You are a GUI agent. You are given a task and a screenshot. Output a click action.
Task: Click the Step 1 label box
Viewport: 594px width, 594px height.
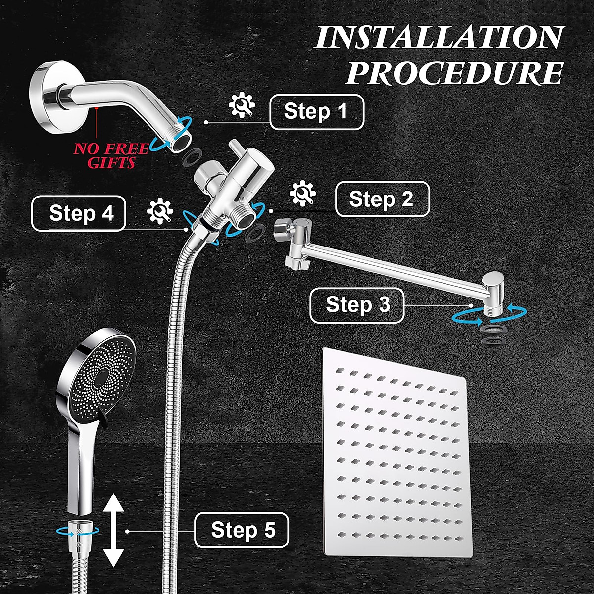pos(316,112)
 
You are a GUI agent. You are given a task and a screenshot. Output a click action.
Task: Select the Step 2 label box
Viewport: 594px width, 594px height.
pos(382,199)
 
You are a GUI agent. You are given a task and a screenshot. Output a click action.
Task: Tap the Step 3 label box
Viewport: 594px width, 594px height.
pos(357,305)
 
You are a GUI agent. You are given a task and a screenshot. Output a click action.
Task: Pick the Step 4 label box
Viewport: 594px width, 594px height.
pos(79,213)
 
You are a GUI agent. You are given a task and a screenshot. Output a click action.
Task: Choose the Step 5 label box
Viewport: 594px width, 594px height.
pos(242,530)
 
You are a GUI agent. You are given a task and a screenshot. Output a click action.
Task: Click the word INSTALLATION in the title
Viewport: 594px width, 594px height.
pos(439,38)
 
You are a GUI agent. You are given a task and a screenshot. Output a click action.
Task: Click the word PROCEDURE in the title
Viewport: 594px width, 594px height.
pos(454,73)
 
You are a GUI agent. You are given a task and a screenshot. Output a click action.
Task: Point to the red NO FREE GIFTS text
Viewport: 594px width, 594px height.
pos(111,155)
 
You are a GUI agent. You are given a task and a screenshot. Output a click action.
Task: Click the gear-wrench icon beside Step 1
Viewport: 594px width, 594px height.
pos(242,106)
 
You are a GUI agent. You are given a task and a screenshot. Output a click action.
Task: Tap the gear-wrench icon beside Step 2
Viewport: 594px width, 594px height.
pos(302,194)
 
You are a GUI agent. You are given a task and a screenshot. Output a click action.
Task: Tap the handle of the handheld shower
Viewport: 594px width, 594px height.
pos(80,475)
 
